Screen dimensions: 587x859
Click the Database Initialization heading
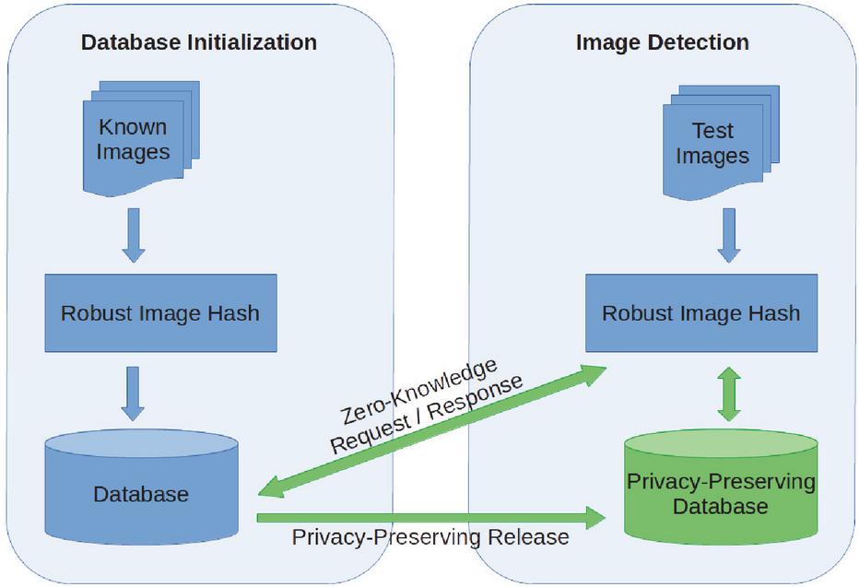pyautogui.click(x=199, y=42)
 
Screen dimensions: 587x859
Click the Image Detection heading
pyautogui.click(x=662, y=42)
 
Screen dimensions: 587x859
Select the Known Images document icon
pyautogui.click(x=134, y=139)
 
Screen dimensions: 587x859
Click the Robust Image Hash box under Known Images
pyautogui.click(x=160, y=312)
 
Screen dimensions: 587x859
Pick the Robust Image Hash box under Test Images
pyautogui.click(x=701, y=312)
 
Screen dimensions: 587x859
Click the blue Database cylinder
pyautogui.click(x=141, y=494)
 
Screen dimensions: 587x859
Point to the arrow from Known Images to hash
pyautogui.click(x=135, y=235)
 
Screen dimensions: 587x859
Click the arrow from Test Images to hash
pyautogui.click(x=729, y=235)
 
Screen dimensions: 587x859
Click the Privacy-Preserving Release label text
pyautogui.click(x=429, y=537)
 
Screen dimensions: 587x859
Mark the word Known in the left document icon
pyautogui.click(x=133, y=127)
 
